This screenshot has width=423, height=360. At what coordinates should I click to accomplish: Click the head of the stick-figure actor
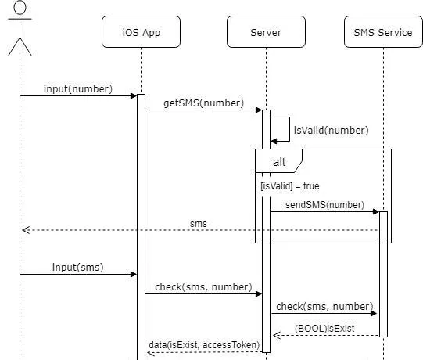20,7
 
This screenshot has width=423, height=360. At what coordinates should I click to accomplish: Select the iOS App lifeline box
141,31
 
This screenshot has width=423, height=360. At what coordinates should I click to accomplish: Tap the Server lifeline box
266,31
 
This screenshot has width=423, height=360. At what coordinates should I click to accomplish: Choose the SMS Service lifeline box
383,31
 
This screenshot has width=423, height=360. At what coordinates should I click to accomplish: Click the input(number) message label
78,89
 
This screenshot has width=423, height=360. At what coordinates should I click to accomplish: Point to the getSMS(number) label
203,103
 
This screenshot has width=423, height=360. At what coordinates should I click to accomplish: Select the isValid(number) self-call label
331,131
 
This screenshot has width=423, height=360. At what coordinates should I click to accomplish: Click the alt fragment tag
278,161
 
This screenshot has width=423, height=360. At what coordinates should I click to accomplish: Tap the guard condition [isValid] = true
290,186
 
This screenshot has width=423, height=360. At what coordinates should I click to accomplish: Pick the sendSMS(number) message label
324,205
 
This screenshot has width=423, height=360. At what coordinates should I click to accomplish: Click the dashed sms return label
199,224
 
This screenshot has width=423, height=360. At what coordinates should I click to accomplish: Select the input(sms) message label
78,268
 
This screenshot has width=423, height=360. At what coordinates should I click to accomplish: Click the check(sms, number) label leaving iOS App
203,286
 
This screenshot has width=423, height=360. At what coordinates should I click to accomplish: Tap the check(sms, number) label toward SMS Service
324,307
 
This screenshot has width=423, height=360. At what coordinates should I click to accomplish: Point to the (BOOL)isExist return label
324,329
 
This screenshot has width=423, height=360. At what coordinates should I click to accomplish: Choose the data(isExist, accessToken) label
204,345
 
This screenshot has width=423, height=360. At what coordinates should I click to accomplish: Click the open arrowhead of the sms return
26,230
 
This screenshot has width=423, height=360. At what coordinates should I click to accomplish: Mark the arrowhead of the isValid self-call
274,141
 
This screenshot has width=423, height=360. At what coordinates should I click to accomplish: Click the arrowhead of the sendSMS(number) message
376,211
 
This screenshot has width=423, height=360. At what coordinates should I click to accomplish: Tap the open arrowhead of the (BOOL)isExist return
277,335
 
